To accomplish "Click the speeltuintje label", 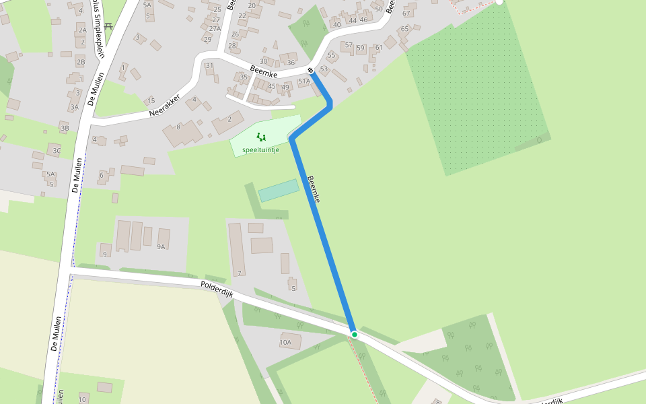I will pyautogui.click(x=260, y=149).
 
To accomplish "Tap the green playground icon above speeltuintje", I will pyautogui.click(x=260, y=137).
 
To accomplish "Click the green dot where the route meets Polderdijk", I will pyautogui.click(x=354, y=334).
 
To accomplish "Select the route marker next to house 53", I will pyautogui.click(x=311, y=71).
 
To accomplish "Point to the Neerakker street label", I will pyautogui.click(x=165, y=104).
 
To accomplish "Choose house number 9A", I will pyautogui.click(x=161, y=247).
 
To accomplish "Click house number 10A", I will pyautogui.click(x=285, y=343).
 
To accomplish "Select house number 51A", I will pyautogui.click(x=303, y=81).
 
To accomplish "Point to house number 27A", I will pyautogui.click(x=215, y=28).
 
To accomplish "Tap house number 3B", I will pyautogui.click(x=65, y=128).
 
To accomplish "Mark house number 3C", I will pyautogui.click(x=57, y=151).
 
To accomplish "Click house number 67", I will pyautogui.click(x=406, y=13).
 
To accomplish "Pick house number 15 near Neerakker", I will pyautogui.click(x=151, y=100).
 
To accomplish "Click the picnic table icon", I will pyautogui.click(x=108, y=26).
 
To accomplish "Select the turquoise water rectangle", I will pyautogui.click(x=279, y=191).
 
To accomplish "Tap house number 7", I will pyautogui.click(x=239, y=273).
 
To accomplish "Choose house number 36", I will pyautogui.click(x=291, y=63).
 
